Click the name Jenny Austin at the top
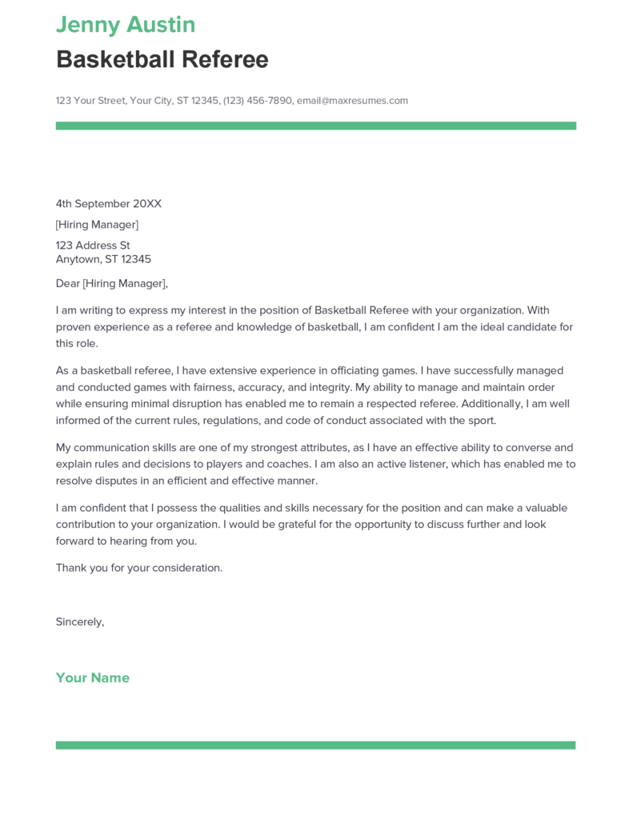126,25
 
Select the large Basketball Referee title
162,59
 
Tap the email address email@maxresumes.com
352,101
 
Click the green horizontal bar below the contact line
316,126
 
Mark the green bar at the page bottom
316,745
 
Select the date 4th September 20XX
109,204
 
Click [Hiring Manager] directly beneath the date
97,225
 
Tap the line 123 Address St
93,246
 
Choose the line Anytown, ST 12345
103,259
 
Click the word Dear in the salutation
68,283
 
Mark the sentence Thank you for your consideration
139,567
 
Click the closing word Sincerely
79,621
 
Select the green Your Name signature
93,677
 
